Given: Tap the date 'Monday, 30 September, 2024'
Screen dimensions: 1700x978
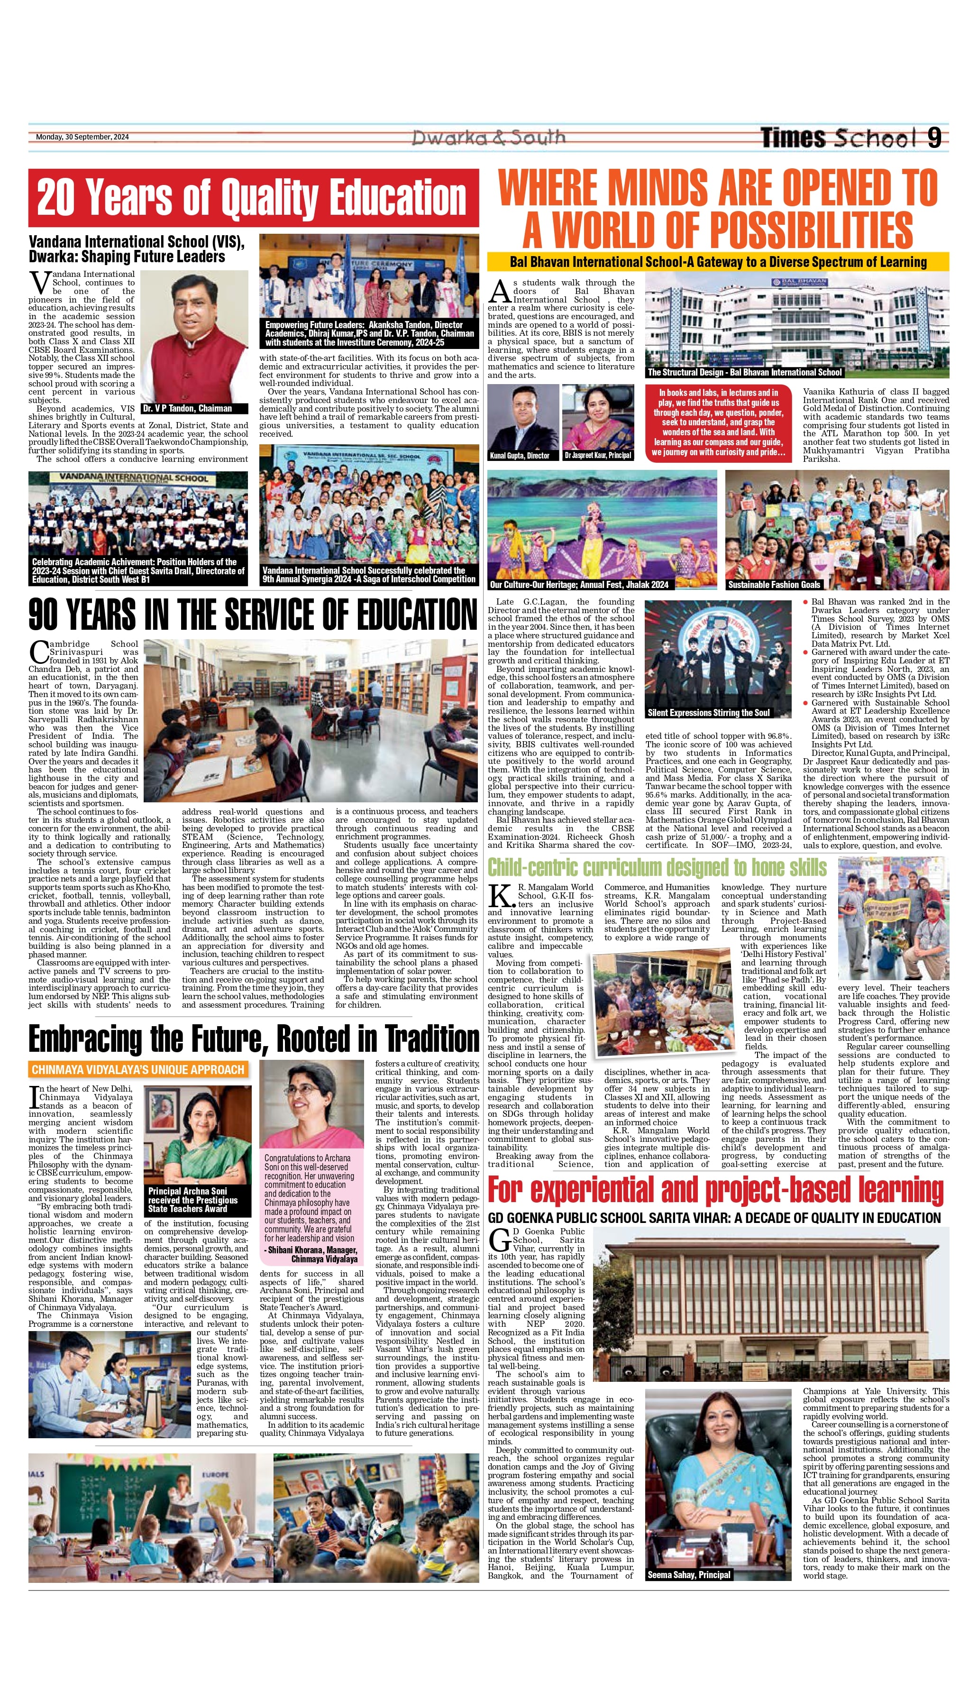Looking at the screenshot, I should click(x=82, y=137).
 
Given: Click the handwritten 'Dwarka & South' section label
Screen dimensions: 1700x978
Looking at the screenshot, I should click(x=488, y=138).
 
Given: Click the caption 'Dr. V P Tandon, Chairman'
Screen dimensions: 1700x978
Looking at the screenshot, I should click(x=187, y=408).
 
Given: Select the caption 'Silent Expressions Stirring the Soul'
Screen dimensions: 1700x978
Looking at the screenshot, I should click(x=708, y=713).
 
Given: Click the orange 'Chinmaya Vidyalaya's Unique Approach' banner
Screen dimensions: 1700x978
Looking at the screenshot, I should click(x=137, y=1069).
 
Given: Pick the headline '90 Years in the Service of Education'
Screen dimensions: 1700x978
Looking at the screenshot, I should click(x=253, y=614).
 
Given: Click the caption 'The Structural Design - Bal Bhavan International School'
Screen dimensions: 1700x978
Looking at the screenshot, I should click(x=744, y=372).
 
